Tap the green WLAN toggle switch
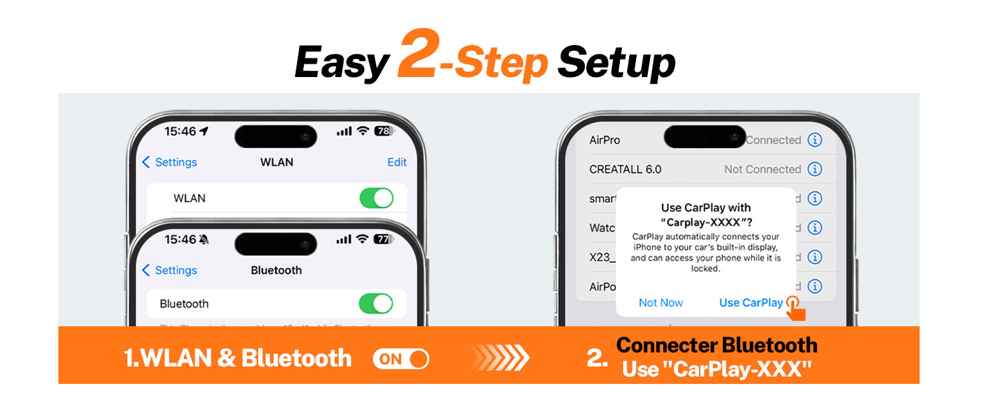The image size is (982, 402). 376,198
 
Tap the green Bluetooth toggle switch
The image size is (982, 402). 376,304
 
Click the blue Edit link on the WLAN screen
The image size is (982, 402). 397,162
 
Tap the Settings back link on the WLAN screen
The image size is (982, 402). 170,162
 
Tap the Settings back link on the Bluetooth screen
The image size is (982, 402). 170,270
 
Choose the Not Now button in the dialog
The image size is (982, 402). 661,303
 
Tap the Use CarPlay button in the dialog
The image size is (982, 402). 751,303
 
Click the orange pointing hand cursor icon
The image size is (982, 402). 796,309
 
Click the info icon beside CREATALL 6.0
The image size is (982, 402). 814,170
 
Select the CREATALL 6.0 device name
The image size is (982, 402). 625,170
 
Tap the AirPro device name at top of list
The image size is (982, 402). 604,140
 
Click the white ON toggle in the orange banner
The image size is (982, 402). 400,359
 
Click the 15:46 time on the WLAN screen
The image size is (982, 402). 180,131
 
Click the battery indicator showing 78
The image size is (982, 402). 384,131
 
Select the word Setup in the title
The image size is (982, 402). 616,63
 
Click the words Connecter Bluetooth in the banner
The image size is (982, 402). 716,345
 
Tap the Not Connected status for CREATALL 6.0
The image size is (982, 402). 763,170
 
